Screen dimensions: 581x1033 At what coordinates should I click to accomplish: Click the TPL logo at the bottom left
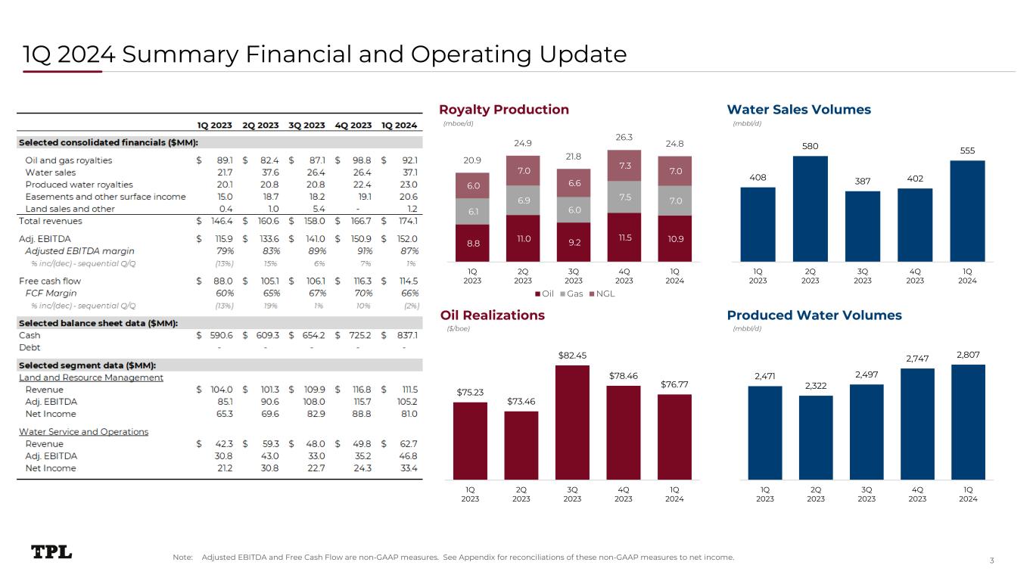click(51, 552)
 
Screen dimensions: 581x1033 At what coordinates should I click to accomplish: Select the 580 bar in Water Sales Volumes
click(810, 208)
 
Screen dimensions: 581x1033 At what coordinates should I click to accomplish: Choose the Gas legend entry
click(572, 293)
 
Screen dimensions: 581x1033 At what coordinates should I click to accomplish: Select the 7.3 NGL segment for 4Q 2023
click(624, 165)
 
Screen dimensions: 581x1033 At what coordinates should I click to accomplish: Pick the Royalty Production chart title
click(504, 110)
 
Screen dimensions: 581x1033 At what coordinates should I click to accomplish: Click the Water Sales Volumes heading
click(798, 110)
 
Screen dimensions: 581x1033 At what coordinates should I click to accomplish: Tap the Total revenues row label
click(51, 221)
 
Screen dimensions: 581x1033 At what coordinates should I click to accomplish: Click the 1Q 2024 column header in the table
click(399, 126)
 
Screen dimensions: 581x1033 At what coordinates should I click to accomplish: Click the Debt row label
click(30, 347)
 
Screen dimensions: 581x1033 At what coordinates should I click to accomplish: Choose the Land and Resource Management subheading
click(91, 377)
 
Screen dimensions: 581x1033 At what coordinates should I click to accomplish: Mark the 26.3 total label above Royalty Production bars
click(624, 138)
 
